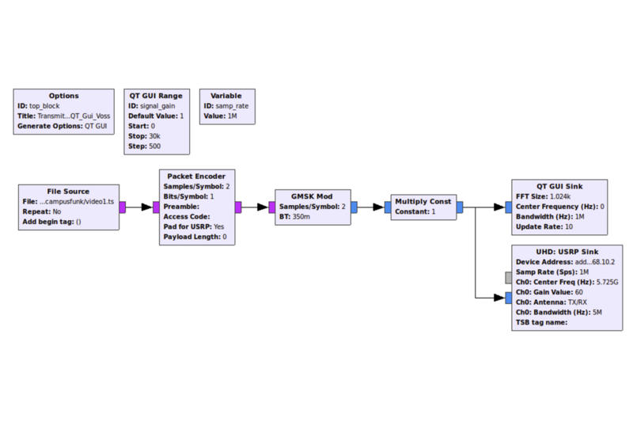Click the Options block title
(x=64, y=96)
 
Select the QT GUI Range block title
(x=156, y=96)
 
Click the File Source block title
(x=68, y=192)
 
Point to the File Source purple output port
(x=123, y=207)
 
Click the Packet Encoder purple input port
(x=156, y=207)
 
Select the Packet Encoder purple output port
(x=238, y=207)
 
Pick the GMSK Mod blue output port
(x=354, y=207)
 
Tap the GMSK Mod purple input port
(x=272, y=207)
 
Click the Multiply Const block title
(x=423, y=202)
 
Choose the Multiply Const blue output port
(x=460, y=207)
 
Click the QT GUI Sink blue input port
(x=509, y=207)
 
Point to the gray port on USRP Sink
(x=509, y=278)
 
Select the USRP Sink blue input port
(x=509, y=298)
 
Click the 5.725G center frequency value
(x=607, y=283)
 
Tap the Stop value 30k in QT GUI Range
(x=154, y=136)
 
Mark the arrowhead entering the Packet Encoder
(x=147, y=207)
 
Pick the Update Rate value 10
(x=569, y=227)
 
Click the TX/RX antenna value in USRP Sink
(x=578, y=302)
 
